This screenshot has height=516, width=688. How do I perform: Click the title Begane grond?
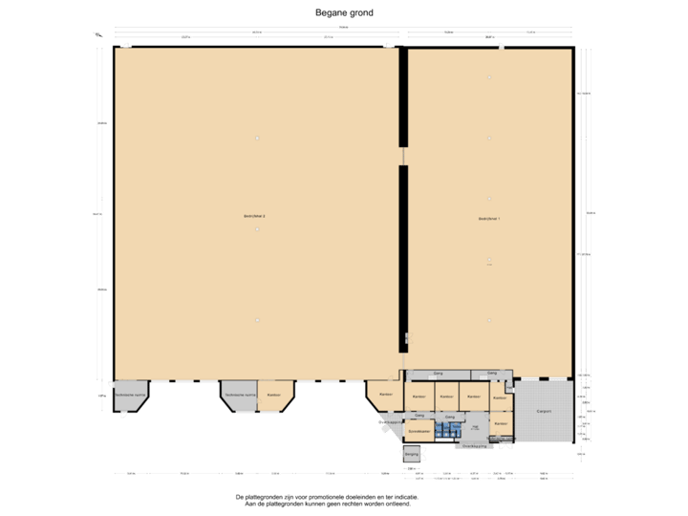point(344,12)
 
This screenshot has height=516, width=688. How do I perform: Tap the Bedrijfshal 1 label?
point(489,219)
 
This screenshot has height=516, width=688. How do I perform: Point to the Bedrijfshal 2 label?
point(254,217)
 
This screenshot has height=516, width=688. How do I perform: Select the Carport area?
point(544,411)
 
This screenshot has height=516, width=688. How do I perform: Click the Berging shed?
point(411,455)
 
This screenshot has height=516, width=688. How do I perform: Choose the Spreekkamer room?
point(419,431)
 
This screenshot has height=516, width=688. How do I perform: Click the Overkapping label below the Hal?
point(475,445)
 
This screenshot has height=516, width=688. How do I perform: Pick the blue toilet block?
point(443,431)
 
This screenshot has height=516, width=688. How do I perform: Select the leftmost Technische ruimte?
point(130,395)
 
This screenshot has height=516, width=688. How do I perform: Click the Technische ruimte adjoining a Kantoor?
point(239,395)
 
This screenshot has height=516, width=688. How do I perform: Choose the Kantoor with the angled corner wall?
point(385,395)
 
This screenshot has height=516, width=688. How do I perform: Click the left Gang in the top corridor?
point(438,373)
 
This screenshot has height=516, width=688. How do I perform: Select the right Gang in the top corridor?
point(491,373)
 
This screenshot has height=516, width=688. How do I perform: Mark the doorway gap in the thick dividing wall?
point(403,155)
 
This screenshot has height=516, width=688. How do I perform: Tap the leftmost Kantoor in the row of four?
point(418,396)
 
